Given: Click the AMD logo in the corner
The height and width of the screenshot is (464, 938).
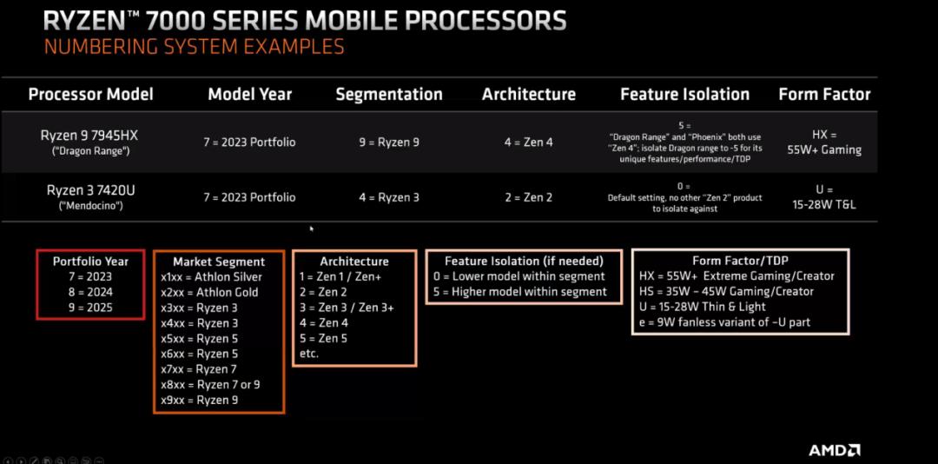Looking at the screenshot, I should (x=835, y=450).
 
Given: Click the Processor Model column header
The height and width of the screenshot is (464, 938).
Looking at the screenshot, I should (x=90, y=95).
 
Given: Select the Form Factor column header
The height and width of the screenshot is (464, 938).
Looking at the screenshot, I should (x=824, y=94).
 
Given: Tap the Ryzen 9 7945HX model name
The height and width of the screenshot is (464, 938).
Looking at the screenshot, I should (x=90, y=135).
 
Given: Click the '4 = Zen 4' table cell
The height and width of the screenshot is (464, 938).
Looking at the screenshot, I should (x=527, y=142).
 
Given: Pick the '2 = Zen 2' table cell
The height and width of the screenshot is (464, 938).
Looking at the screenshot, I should (x=527, y=197).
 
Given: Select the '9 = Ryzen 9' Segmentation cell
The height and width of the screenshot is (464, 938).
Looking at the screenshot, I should (x=389, y=142).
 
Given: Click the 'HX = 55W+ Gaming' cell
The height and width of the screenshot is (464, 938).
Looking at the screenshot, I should (x=824, y=142).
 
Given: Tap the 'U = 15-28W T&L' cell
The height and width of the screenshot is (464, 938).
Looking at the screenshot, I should (x=824, y=197).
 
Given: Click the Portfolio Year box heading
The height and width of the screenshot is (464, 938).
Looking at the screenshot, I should (x=90, y=261).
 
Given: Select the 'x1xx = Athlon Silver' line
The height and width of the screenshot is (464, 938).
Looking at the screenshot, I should (x=211, y=277).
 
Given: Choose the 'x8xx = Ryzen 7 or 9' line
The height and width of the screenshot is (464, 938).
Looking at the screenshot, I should (x=211, y=384).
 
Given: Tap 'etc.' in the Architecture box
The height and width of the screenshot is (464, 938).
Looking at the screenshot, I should (x=309, y=354).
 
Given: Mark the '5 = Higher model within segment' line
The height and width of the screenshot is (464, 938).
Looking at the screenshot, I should (x=524, y=292).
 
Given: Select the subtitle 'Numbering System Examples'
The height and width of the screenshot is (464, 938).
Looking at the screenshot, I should (x=194, y=46).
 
